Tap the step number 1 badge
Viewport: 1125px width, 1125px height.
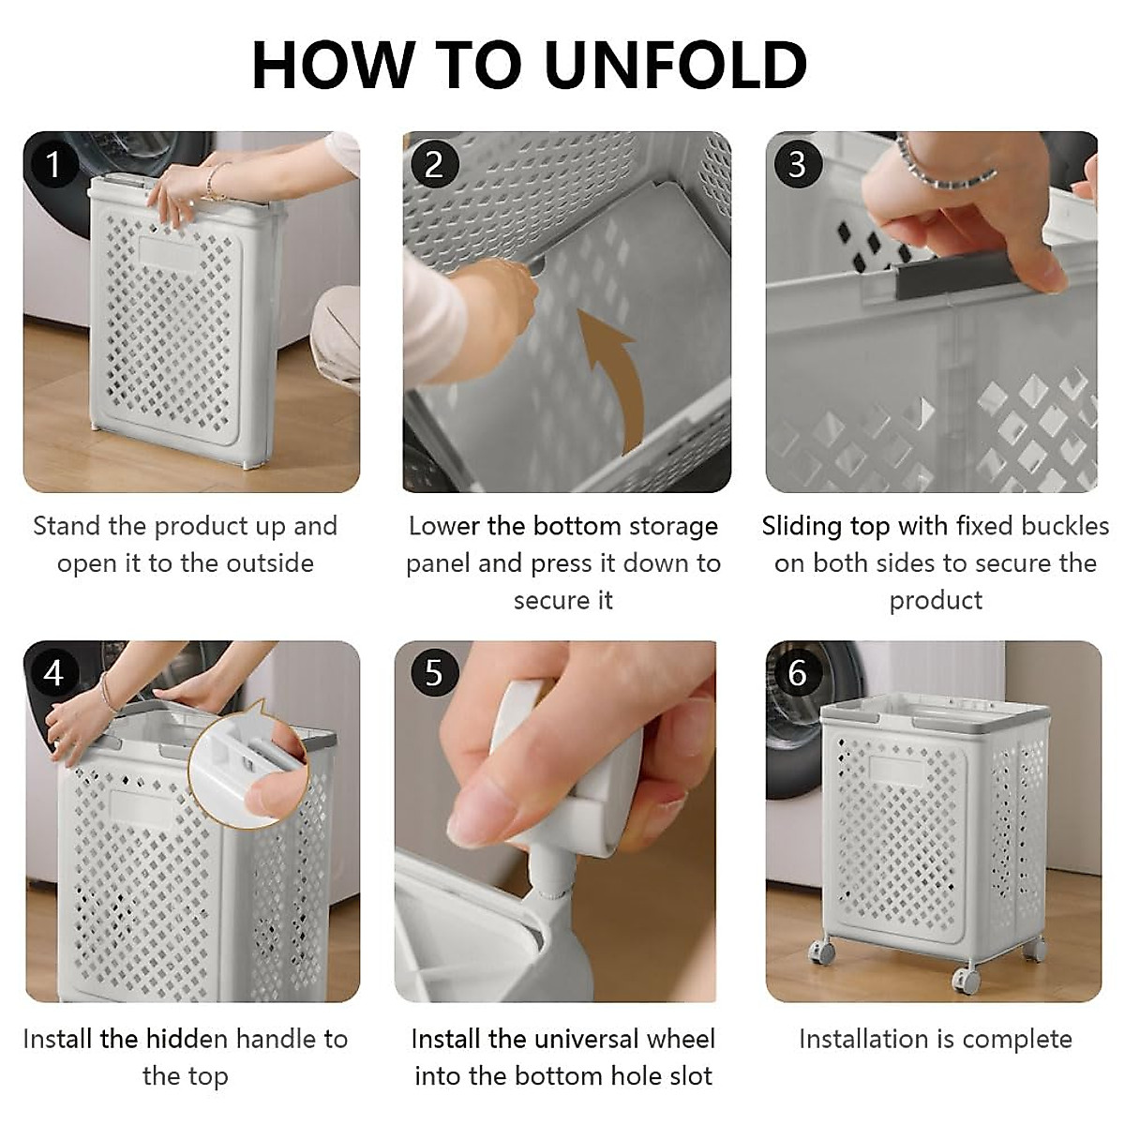53,164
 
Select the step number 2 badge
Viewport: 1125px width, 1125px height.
434,164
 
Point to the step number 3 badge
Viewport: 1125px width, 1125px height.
798,164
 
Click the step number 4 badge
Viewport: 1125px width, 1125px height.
53,673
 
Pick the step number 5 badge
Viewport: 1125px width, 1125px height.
434,673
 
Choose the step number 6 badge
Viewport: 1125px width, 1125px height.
798,673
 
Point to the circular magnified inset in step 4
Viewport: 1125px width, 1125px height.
248,766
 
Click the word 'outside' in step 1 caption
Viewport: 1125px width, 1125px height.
270,563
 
